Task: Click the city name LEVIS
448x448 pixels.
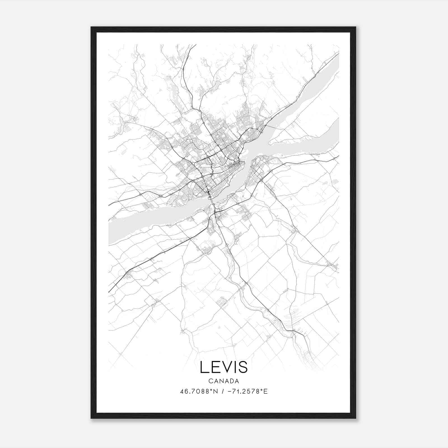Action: [224, 367]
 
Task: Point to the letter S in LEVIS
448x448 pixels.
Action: [242, 367]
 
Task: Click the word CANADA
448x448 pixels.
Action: [224, 381]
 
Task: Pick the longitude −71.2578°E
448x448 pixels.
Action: [246, 391]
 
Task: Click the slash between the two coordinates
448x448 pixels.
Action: [223, 391]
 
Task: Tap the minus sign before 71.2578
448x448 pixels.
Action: [230, 391]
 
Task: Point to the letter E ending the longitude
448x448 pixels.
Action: [266, 391]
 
